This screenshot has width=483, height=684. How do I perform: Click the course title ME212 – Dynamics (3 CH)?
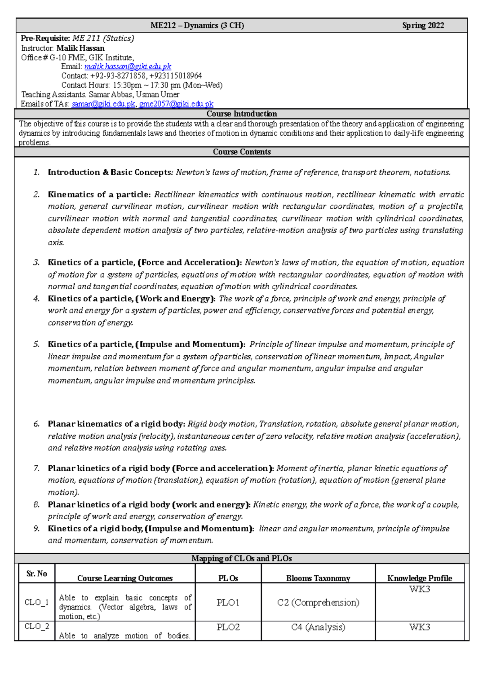click(x=197, y=26)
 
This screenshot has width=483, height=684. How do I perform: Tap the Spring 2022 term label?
click(x=423, y=26)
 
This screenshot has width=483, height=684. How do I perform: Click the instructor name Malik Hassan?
click(x=80, y=48)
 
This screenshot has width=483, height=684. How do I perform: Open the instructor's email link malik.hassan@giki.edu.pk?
click(x=128, y=66)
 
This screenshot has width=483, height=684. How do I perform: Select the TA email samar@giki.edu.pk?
click(x=103, y=104)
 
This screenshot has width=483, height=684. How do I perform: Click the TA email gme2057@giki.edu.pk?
click(x=176, y=104)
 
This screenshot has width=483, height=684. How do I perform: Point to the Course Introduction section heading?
click(x=242, y=114)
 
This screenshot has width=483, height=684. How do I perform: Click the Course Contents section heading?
click(x=242, y=152)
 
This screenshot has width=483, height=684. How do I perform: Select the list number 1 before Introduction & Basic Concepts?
click(x=37, y=172)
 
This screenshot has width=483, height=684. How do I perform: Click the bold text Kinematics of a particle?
click(x=98, y=195)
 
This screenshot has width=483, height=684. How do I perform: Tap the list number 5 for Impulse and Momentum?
click(x=37, y=344)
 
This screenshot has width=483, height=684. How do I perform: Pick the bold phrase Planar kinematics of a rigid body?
click(x=116, y=424)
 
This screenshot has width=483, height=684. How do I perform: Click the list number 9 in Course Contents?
click(x=37, y=529)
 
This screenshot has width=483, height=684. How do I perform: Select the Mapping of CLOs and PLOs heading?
click(x=242, y=558)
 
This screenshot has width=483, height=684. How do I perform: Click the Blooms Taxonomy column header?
click(x=318, y=578)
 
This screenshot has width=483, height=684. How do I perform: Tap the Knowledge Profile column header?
click(x=419, y=578)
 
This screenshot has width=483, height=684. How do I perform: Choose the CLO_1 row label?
click(x=37, y=602)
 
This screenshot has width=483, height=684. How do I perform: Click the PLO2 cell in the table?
click(x=228, y=627)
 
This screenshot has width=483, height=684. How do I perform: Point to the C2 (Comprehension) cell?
click(x=318, y=603)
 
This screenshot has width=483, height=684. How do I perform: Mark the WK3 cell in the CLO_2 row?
click(x=419, y=627)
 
